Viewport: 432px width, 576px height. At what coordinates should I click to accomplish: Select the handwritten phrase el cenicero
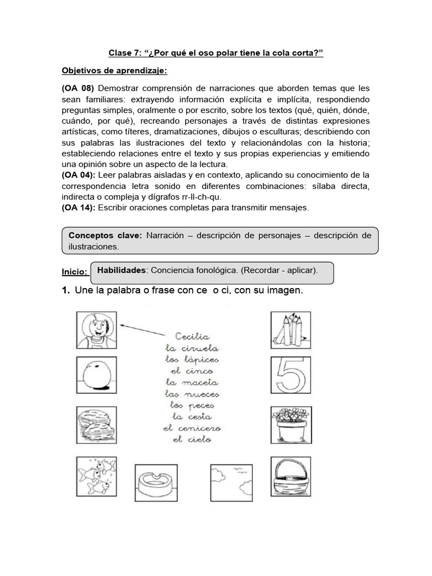[192, 429]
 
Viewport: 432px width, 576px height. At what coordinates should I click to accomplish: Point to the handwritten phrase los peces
[192, 405]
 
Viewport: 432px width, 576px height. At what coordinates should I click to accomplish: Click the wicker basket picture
[291, 476]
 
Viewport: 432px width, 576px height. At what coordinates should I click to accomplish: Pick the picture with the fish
[96, 476]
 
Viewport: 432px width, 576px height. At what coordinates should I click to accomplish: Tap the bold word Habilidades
[121, 271]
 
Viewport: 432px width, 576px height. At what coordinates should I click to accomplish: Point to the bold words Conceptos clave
[103, 236]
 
